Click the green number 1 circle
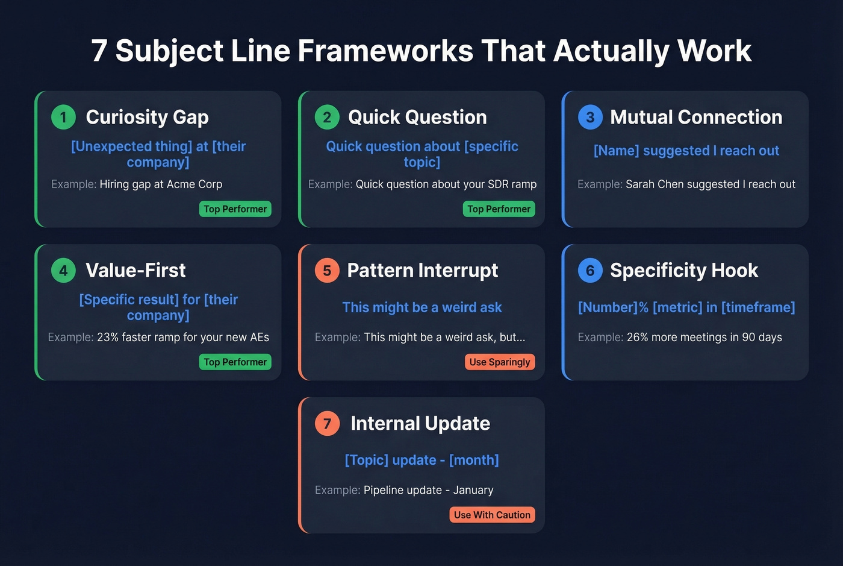tap(63, 117)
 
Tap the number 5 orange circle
tap(327, 270)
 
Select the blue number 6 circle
tap(590, 270)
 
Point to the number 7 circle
tap(327, 423)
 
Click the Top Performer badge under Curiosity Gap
tap(235, 209)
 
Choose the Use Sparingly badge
tap(499, 362)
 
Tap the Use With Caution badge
tap(492, 515)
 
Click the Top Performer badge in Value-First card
tap(235, 362)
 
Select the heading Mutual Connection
tap(696, 117)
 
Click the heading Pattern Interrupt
tap(422, 270)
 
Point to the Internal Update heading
tap(420, 423)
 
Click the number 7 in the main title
tap(99, 51)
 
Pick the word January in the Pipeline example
tap(473, 491)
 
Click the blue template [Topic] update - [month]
tap(421, 460)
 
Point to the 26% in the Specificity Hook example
tap(637, 338)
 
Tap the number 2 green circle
tap(327, 117)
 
